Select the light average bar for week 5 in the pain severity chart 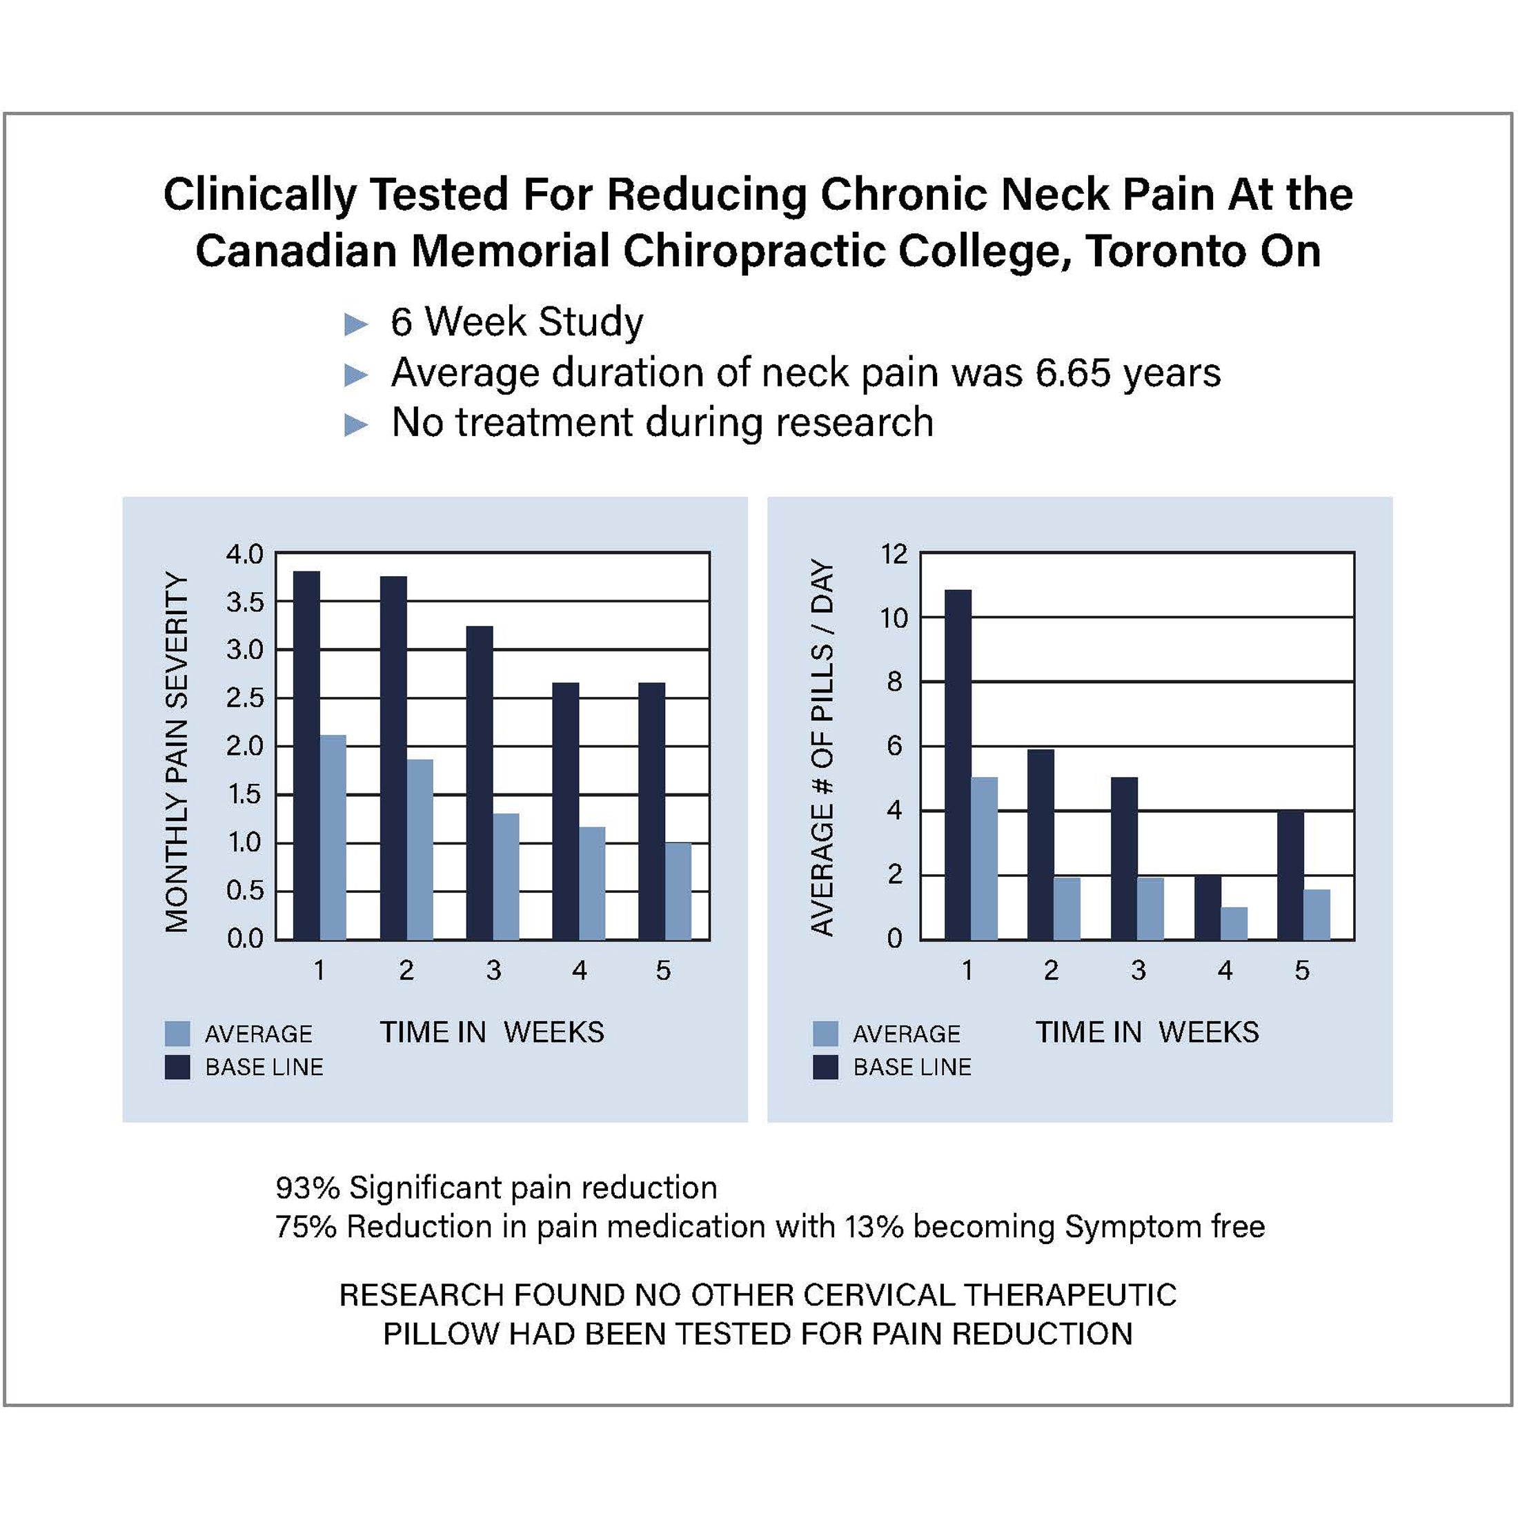(x=678, y=891)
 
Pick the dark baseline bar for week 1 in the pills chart (x=958, y=765)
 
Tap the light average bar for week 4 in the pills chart (x=1234, y=923)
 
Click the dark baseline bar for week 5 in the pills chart (x=1290, y=874)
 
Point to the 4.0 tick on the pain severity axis (x=244, y=554)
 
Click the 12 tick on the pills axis (x=894, y=554)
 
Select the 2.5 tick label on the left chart (x=244, y=698)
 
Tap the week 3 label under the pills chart (x=1138, y=970)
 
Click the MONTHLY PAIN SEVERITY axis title (x=177, y=752)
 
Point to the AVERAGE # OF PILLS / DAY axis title (x=822, y=748)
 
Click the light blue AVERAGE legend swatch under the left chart (x=177, y=1033)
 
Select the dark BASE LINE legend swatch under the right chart (x=825, y=1067)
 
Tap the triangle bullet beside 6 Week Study (x=356, y=324)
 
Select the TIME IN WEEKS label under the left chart (x=492, y=1032)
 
